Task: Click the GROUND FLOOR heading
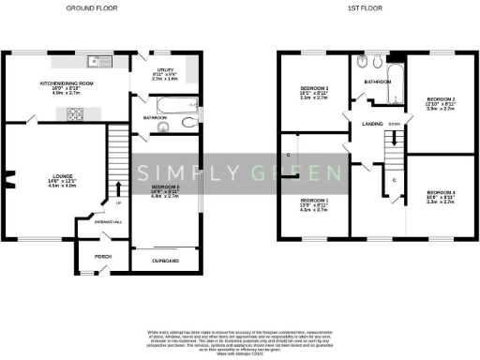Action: (x=91, y=7)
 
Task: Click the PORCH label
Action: (x=105, y=254)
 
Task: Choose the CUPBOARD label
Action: (x=166, y=260)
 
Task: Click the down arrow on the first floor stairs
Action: (x=395, y=141)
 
